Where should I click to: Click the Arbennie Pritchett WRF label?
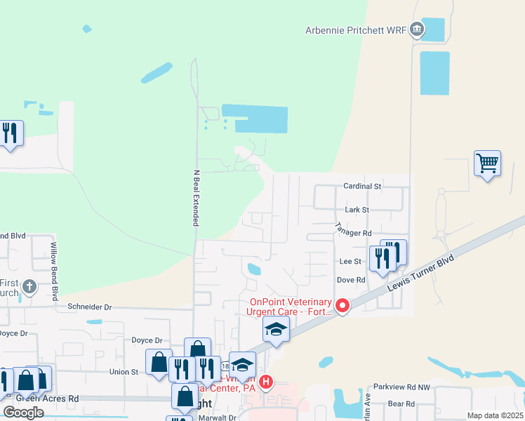(x=355, y=30)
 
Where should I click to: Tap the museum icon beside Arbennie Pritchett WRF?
(x=417, y=29)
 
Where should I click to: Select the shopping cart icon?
(x=487, y=163)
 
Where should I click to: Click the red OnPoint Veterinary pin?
(x=343, y=305)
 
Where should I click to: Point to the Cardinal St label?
(x=361, y=187)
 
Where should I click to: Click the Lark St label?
(x=357, y=209)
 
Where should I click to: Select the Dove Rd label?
(x=352, y=279)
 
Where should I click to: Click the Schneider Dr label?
(x=89, y=307)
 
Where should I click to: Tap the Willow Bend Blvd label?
(x=53, y=267)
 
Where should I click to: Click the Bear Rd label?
(x=401, y=403)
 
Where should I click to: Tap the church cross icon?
(x=29, y=286)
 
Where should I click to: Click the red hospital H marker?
(x=266, y=382)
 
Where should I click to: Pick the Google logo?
(x=23, y=413)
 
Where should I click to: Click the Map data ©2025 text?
(x=495, y=415)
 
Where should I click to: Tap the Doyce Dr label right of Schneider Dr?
(x=147, y=340)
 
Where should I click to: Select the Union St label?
(x=124, y=371)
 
